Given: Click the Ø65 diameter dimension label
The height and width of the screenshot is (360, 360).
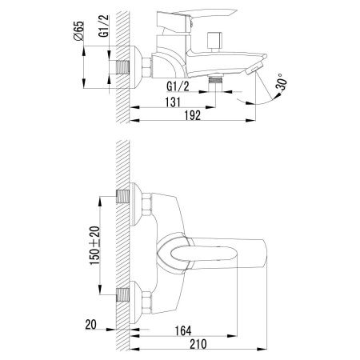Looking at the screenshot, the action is coord(78,31).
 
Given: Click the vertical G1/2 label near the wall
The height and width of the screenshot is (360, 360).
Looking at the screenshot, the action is coord(104,26).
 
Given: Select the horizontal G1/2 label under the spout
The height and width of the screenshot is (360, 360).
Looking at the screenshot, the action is coord(178,86).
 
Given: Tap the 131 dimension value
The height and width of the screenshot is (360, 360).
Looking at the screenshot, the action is coord(173,102).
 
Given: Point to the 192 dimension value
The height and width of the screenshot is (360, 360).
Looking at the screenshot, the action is coord(193,115).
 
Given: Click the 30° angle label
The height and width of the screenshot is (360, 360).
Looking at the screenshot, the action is coord(282,82).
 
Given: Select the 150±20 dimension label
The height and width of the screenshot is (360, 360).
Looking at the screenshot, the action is coord(94,246).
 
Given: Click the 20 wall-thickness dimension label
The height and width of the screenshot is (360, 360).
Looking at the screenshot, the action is coord(90,325).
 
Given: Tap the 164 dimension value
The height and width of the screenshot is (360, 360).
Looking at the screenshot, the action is coord(183,331).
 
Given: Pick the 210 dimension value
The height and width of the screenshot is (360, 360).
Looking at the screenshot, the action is coord(198,344).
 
